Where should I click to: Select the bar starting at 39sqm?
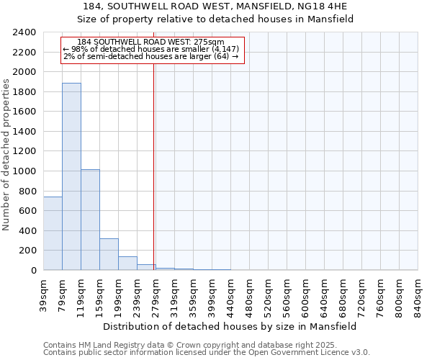point(53,233)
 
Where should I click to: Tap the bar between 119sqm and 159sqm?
point(90,220)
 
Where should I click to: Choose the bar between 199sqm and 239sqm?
point(127,263)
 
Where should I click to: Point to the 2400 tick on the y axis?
point(25,32)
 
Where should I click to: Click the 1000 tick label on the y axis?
point(25,171)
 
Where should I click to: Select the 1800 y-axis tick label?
point(25,92)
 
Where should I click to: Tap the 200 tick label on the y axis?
point(28,251)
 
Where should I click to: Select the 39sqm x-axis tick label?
point(43,294)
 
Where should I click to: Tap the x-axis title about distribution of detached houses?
point(230,326)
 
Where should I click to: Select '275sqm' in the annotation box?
point(208,42)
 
